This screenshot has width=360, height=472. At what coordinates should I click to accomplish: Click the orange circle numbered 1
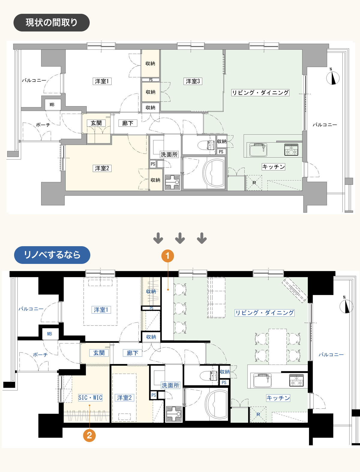[x=167, y=256]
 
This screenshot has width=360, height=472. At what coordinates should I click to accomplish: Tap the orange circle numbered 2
[x=89, y=435]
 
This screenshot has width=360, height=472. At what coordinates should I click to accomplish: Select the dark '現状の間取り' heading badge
[x=52, y=22]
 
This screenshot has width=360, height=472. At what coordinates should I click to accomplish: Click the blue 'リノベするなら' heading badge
[x=52, y=255]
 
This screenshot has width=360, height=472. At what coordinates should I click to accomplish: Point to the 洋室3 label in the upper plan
[x=193, y=81]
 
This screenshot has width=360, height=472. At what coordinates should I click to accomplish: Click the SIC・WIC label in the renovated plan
[x=90, y=398]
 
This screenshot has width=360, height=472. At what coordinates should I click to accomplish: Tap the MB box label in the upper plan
[x=52, y=105]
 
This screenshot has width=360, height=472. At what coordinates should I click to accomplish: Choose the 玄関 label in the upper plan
[x=96, y=123]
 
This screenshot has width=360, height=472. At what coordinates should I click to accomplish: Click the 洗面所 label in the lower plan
[x=170, y=385]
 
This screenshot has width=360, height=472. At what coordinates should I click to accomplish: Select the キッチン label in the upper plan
[x=273, y=167]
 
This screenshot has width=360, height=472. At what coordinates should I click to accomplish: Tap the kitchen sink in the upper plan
[x=258, y=149]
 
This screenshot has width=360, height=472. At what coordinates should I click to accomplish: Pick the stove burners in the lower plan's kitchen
[x=296, y=380]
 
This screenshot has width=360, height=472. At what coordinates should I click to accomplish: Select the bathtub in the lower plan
[x=217, y=405]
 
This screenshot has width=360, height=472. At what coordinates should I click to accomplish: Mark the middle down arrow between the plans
[x=180, y=238]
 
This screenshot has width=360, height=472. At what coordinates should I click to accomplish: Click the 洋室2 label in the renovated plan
[x=124, y=398]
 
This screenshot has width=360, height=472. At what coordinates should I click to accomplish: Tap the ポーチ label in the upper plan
[x=43, y=125]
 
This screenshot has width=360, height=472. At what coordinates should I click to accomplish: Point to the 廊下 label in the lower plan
[x=132, y=353]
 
